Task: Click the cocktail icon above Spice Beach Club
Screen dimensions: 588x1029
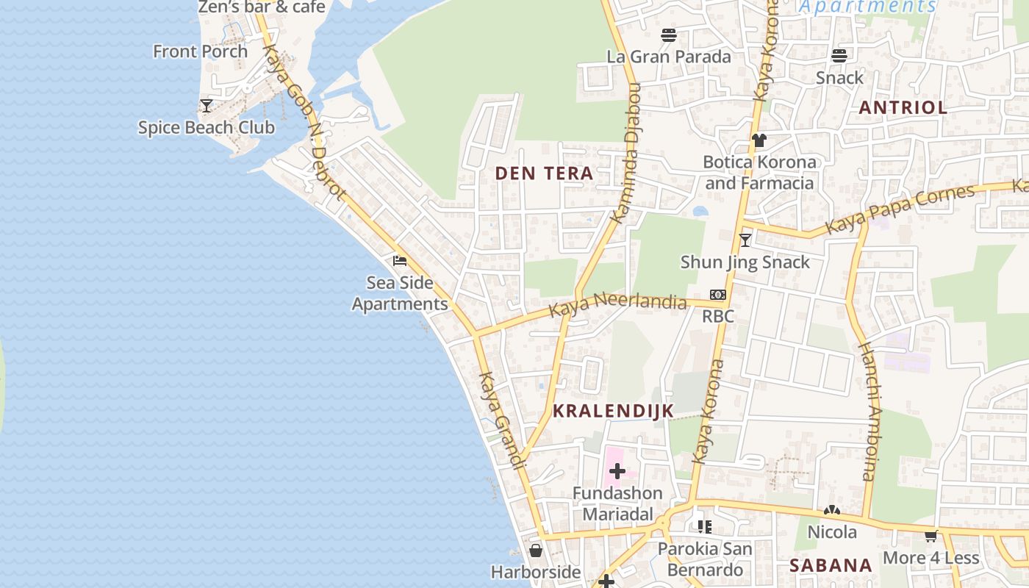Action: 207,106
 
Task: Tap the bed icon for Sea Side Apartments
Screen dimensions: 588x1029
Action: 400,261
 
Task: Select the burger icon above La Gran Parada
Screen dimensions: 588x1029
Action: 668,35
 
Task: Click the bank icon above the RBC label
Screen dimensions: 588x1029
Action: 718,295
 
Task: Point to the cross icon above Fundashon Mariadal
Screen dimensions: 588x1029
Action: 617,471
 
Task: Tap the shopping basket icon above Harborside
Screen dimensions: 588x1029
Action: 536,550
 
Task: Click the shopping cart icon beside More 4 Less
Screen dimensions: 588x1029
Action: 931,536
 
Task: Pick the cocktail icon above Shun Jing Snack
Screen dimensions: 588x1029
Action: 745,240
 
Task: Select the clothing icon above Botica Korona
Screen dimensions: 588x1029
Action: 759,140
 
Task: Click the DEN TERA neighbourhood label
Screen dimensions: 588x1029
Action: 544,173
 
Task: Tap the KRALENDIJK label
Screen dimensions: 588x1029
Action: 613,411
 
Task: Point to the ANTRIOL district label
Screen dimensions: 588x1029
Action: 903,107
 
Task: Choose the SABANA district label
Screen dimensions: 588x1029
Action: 831,565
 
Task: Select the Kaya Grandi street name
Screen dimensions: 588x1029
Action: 503,420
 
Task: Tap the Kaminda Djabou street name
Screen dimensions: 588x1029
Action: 626,154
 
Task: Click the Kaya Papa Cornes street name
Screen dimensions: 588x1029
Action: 900,209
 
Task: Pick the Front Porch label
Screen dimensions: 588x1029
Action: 201,51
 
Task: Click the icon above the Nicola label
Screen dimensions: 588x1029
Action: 832,510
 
